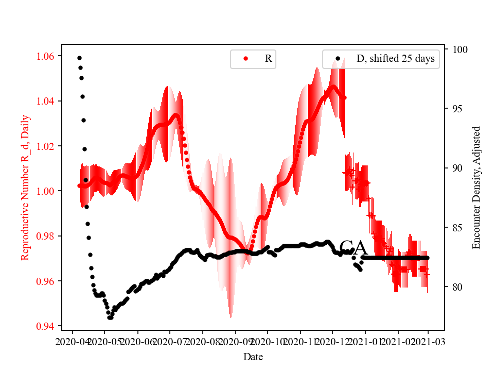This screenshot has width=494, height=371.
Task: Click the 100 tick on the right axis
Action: pyautogui.click(x=459, y=49)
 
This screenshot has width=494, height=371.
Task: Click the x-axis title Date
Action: pyautogui.click(x=253, y=356)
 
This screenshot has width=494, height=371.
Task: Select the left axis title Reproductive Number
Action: pyautogui.click(x=25, y=188)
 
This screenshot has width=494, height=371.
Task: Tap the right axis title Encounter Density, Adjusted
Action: pyautogui.click(x=476, y=188)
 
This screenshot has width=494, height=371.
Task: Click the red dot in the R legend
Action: pyautogui.click(x=245, y=59)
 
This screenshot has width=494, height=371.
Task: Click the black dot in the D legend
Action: pyautogui.click(x=338, y=59)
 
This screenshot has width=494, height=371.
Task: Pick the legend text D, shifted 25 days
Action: pyautogui.click(x=395, y=59)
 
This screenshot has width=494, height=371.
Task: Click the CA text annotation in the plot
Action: pyautogui.click(x=354, y=248)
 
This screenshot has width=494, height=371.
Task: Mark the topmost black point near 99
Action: pyautogui.click(x=79, y=58)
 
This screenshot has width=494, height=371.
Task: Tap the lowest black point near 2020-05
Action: pyautogui.click(x=110, y=317)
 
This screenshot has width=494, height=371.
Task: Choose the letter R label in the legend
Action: pyautogui.click(x=268, y=59)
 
